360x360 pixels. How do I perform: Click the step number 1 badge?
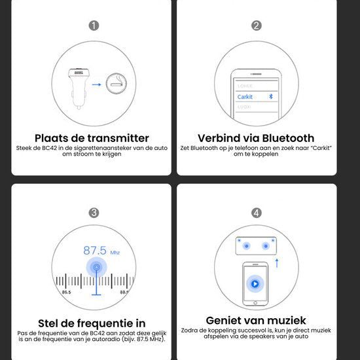(94, 26)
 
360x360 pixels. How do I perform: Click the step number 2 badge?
(257, 26)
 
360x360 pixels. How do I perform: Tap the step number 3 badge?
(94, 213)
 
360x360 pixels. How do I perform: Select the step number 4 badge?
(257, 213)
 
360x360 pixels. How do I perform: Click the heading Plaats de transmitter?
(92, 138)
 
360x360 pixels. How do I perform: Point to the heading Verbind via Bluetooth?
(256, 138)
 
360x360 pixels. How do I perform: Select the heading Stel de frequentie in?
(92, 323)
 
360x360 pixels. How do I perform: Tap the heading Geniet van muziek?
(256, 320)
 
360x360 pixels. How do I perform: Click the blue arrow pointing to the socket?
(96, 84)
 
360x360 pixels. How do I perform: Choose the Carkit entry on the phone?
(245, 96)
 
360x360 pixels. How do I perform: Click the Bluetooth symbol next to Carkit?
(271, 96)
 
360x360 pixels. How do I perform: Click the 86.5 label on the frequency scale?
(67, 293)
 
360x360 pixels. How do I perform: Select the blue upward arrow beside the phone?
(276, 263)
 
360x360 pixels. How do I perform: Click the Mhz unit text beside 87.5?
(115, 252)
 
